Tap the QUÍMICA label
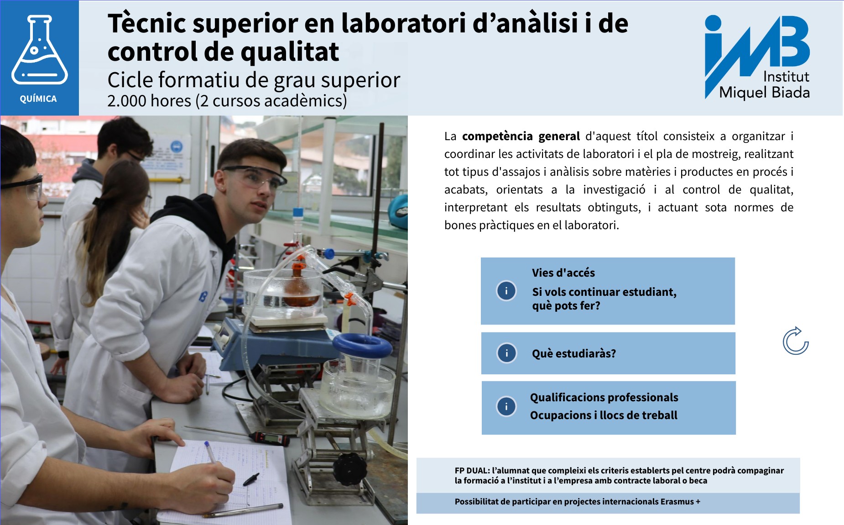38,99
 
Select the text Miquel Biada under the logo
764,93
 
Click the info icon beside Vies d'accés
506,291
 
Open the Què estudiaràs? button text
573,353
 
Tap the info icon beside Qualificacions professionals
506,406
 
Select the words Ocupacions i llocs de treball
603,415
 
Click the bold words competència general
521,136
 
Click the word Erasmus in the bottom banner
677,501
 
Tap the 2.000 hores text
149,101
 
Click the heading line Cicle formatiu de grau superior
254,80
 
